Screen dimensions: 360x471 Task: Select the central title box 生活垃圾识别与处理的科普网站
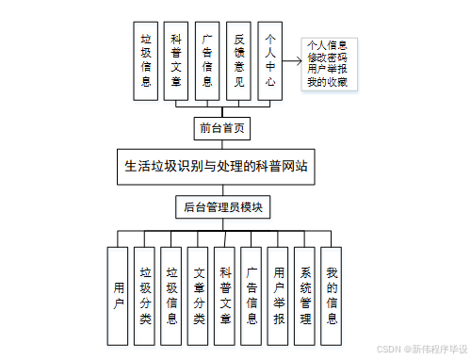(216, 166)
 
